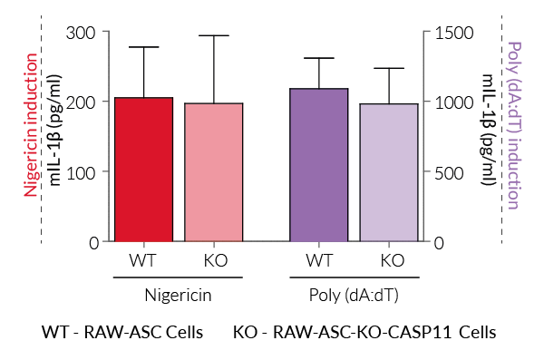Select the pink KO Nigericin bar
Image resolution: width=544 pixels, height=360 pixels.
[214, 172]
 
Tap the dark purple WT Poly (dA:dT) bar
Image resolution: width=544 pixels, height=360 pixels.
[318, 165]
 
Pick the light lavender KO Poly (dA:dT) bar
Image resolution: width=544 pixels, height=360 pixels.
[389, 172]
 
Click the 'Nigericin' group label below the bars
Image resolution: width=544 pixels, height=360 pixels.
[179, 295]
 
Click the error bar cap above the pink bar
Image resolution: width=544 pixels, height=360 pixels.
[214, 36]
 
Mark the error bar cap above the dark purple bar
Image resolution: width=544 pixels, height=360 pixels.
[318, 58]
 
